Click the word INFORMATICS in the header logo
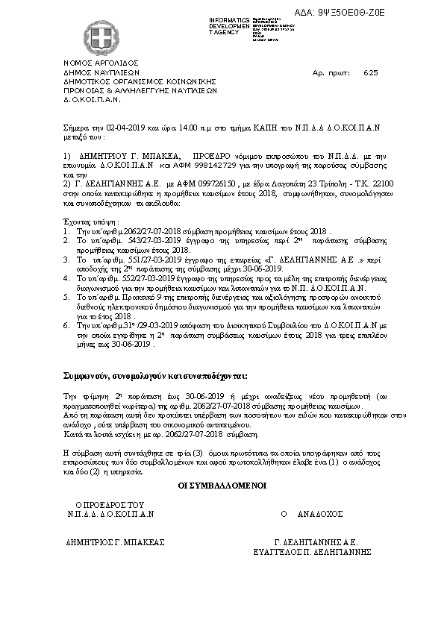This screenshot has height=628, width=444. [229, 19]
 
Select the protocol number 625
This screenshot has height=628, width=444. [371, 73]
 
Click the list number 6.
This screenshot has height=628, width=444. [66, 325]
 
